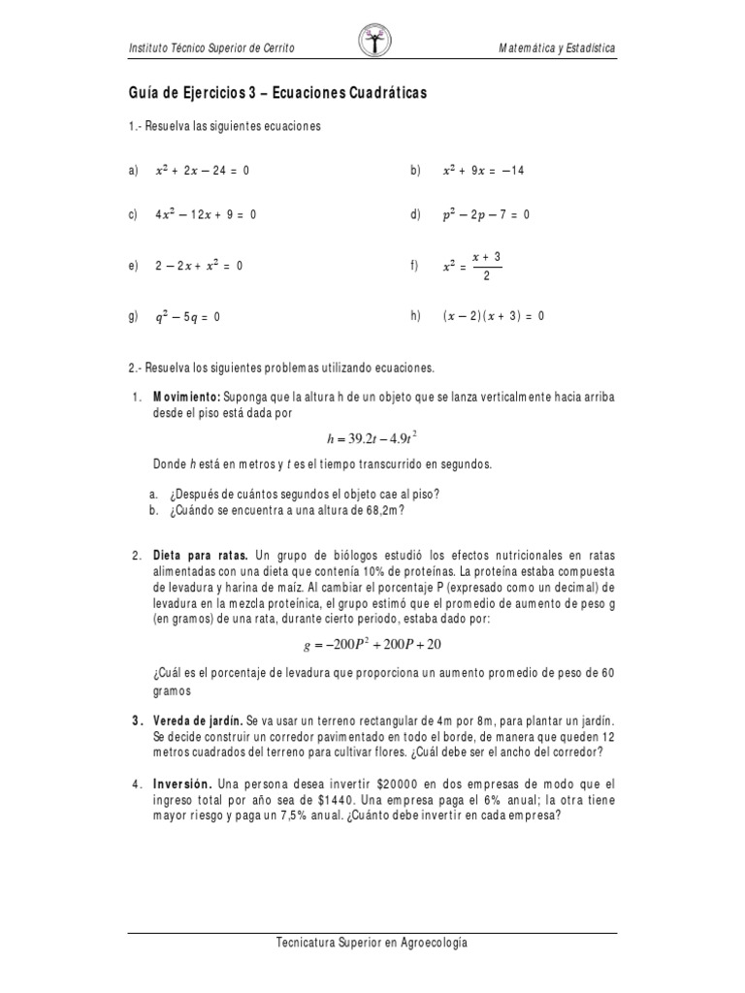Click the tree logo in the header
coord(372,42)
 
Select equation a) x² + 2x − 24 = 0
coord(202,170)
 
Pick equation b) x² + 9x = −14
coord(482,170)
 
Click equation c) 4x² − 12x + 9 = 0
coord(205,214)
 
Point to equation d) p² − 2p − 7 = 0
coord(485,214)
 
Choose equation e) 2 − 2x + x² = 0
coord(198,266)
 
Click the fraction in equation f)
coord(486,266)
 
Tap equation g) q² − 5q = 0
coord(188,316)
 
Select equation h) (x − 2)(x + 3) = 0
coord(494,316)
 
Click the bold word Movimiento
coord(187,397)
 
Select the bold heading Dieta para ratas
coord(201,556)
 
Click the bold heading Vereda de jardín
coord(198,723)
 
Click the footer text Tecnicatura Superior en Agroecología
coord(372,942)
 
